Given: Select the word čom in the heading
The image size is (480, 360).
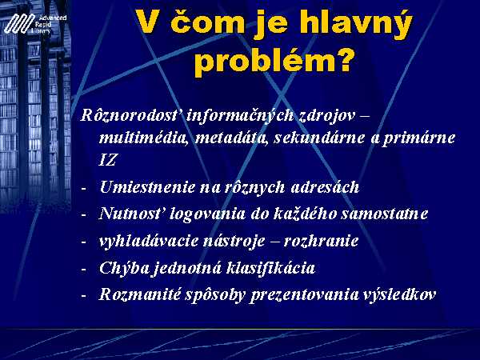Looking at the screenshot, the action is tap(207, 22).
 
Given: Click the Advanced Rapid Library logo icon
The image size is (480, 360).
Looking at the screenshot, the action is tap(19, 23).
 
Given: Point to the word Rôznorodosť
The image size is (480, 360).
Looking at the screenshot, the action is tap(130, 116).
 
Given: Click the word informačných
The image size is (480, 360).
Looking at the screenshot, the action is tap(240, 117).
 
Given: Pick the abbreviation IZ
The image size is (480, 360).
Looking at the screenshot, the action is tap(107, 160).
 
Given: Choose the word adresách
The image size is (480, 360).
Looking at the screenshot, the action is tap(325, 186).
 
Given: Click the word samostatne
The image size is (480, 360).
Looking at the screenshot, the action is tap(385, 214).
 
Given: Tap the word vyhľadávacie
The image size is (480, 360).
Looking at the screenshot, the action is tap(148, 241).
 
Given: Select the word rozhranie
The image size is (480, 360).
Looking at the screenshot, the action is tap(321, 241).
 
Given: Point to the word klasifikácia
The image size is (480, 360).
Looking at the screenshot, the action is tap(271, 267).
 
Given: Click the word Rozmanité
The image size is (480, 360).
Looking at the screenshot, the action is tap(139, 294).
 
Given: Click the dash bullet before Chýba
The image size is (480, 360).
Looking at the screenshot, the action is tap(83, 270).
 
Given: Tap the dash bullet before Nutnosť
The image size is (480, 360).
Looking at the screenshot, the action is tap(83, 215).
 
